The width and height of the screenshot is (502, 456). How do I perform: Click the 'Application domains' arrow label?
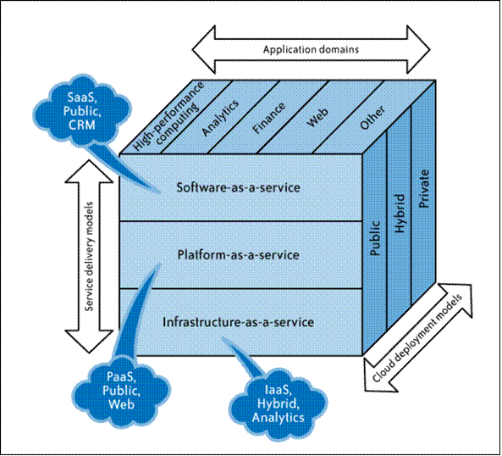[311, 50]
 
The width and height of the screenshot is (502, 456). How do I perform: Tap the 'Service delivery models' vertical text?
[90, 256]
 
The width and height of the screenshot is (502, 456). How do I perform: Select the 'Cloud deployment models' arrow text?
[417, 338]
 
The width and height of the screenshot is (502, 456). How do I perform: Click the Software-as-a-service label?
[239, 187]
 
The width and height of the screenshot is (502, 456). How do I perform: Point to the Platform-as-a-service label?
[239, 255]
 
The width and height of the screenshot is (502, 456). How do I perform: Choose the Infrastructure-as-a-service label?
[239, 322]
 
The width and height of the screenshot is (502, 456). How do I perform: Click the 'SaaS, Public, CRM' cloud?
[82, 110]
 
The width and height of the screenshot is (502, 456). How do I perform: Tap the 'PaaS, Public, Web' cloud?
[121, 390]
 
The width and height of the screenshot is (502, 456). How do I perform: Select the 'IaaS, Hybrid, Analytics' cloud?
[279, 403]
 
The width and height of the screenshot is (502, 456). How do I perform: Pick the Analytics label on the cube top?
[220, 118]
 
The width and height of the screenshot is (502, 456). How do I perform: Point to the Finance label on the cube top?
[268, 118]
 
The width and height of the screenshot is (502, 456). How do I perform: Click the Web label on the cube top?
[317, 117]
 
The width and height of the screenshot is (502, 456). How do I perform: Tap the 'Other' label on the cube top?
[372, 118]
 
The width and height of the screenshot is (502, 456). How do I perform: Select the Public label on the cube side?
[374, 238]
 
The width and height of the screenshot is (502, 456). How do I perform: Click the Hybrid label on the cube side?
[400, 213]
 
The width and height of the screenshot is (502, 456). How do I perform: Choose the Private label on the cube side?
[424, 189]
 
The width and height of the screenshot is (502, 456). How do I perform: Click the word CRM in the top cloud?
[82, 125]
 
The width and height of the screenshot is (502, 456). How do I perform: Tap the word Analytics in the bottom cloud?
[279, 418]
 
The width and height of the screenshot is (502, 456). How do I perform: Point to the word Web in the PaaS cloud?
[121, 403]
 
